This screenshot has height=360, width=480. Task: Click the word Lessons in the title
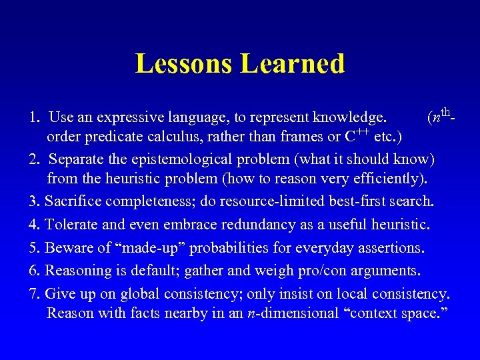(x=184, y=64)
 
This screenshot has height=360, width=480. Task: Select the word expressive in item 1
(x=127, y=118)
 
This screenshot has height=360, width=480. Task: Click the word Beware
(x=69, y=248)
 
